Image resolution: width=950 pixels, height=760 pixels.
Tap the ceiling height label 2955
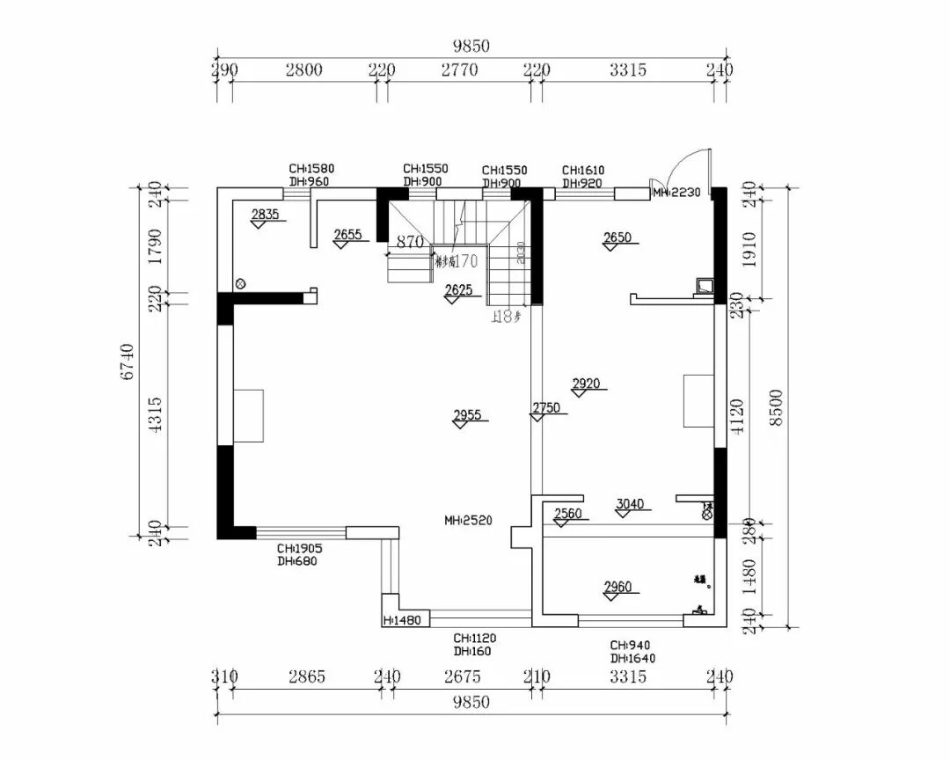[x=467, y=415]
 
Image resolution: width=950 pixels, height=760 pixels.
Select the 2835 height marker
[x=265, y=214]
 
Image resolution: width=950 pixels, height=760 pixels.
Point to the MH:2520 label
[x=468, y=520]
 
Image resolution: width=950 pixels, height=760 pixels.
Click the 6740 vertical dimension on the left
[x=128, y=362]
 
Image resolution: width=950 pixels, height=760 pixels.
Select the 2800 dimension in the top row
[x=303, y=70]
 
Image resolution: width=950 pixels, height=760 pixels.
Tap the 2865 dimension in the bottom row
[x=305, y=676]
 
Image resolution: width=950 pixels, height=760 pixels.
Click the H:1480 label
[x=403, y=620]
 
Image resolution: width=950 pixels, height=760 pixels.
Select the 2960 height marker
[x=617, y=587]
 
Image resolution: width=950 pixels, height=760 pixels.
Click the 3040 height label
[x=630, y=504]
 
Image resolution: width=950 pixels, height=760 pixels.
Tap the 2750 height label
[x=545, y=407]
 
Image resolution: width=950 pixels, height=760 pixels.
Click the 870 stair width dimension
[x=410, y=241]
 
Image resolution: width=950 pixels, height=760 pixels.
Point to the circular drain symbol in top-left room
[x=240, y=283]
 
